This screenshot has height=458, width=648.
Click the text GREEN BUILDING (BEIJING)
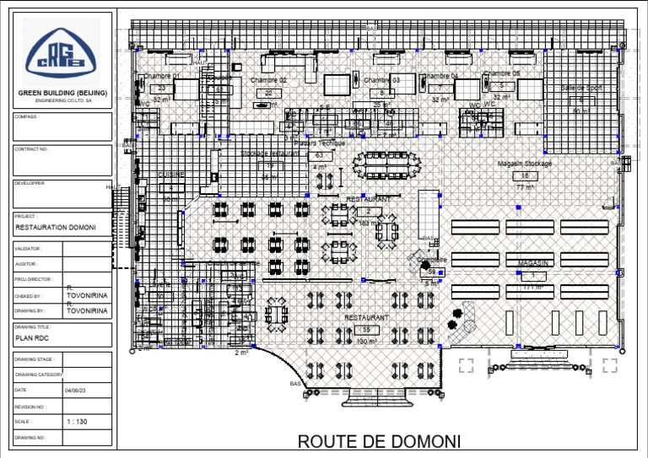[x=62, y=93]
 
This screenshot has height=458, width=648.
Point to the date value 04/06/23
[x=74, y=391]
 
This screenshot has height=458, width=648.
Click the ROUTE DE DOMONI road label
[x=379, y=442]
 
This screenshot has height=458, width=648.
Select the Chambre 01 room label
[x=161, y=76]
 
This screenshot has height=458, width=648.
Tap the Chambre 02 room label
[x=268, y=80]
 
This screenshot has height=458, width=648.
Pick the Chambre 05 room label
[x=501, y=73]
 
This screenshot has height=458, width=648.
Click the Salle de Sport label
[x=581, y=88]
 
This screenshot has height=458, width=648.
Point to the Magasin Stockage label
[x=524, y=163]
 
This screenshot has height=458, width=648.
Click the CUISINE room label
[x=170, y=175]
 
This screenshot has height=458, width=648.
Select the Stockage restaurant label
[x=270, y=154]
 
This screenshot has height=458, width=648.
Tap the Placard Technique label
[x=320, y=144]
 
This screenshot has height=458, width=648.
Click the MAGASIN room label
[x=533, y=263]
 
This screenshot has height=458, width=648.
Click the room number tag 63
[x=319, y=155]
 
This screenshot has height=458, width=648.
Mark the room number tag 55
[x=366, y=329]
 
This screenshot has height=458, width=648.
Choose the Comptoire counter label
[x=431, y=259]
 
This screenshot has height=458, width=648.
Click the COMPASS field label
[x=26, y=117]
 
